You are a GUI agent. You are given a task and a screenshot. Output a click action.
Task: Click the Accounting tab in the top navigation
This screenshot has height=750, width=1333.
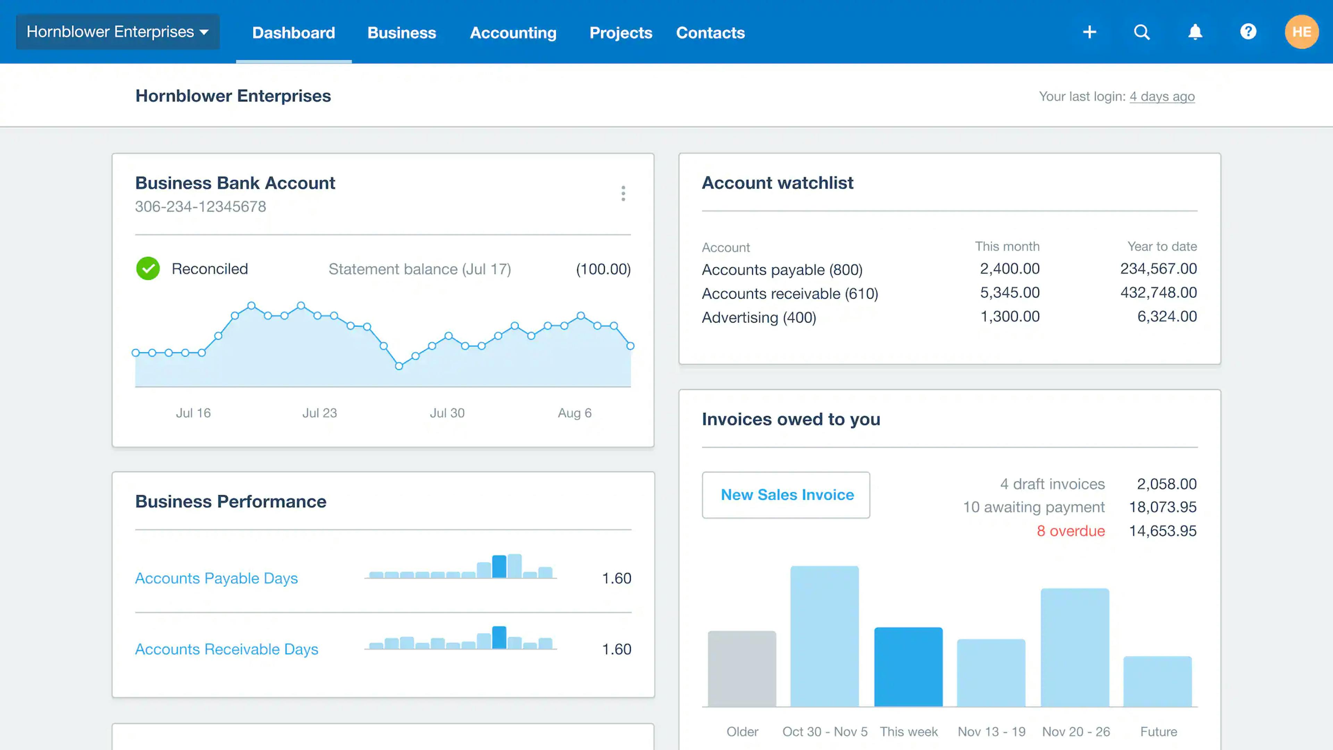click(513, 33)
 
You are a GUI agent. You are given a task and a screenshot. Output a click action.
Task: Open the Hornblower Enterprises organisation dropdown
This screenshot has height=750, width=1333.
click(117, 32)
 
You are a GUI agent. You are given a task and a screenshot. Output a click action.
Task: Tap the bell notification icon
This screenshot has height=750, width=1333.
click(1195, 32)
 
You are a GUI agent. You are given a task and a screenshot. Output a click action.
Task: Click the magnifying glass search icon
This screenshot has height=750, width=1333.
click(1141, 32)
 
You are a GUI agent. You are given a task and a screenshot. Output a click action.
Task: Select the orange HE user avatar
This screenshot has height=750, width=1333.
click(1301, 32)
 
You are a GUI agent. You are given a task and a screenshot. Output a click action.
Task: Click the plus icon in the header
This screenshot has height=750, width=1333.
click(1089, 32)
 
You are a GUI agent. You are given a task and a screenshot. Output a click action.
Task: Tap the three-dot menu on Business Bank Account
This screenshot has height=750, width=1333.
click(623, 194)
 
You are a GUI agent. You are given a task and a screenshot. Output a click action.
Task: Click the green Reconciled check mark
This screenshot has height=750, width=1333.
click(148, 269)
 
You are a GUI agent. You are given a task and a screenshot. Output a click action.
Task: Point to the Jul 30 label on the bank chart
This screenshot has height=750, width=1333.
click(447, 413)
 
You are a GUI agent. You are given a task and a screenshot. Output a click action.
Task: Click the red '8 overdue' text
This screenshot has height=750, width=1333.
click(1070, 531)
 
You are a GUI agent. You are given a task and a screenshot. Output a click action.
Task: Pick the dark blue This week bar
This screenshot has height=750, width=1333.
click(908, 667)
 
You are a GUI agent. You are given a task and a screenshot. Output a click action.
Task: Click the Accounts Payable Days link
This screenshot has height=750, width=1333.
click(216, 578)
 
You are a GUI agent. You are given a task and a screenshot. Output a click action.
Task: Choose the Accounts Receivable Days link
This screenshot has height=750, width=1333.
click(226, 649)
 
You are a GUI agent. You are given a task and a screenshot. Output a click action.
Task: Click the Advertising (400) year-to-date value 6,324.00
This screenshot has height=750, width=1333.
click(1166, 316)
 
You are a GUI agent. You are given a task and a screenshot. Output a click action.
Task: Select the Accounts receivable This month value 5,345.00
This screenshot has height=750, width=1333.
click(1009, 292)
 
